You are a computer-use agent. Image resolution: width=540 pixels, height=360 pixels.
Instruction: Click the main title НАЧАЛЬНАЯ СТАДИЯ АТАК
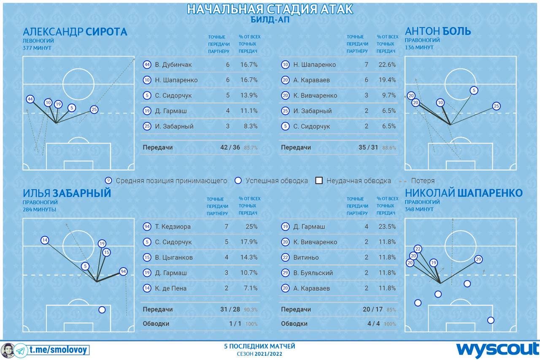pyautogui.click(x=270, y=9)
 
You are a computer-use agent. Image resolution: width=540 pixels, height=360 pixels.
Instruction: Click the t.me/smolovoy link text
pyautogui.click(x=59, y=350)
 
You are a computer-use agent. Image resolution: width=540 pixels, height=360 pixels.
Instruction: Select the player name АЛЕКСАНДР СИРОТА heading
pyautogui.click(x=75, y=32)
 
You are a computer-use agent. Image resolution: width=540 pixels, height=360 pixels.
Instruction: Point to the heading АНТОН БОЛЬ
pyautogui.click(x=438, y=31)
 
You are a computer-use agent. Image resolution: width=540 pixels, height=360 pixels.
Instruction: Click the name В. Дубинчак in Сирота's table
pyautogui.click(x=173, y=65)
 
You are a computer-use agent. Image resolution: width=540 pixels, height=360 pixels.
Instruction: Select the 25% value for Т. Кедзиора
pyautogui.click(x=252, y=227)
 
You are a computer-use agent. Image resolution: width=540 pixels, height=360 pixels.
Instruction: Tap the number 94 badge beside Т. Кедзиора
pyautogui.click(x=146, y=227)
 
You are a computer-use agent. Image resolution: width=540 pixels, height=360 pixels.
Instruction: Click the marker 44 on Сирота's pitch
pyautogui.click(x=30, y=100)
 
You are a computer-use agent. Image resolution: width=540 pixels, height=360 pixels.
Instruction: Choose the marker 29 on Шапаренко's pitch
pyautogui.click(x=478, y=259)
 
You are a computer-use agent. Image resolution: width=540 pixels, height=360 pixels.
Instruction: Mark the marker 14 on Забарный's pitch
pyautogui.click(x=45, y=241)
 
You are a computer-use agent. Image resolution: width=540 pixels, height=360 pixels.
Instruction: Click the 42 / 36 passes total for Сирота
pyautogui.click(x=230, y=148)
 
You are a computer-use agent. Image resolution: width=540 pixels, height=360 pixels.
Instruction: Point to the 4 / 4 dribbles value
pyautogui.click(x=373, y=324)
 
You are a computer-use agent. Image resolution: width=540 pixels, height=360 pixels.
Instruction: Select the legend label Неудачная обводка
pyautogui.click(x=359, y=181)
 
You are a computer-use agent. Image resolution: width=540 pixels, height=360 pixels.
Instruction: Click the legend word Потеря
pyautogui.click(x=423, y=181)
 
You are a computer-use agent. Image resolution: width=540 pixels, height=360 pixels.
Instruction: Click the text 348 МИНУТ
pyautogui.click(x=419, y=209)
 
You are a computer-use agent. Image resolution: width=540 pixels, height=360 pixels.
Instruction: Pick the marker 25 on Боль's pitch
pyautogui.click(x=496, y=106)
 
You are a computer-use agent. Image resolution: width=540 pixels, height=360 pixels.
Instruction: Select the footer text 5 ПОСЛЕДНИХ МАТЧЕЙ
pyautogui.click(x=259, y=346)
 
